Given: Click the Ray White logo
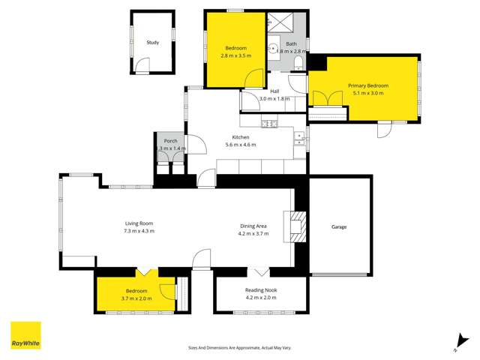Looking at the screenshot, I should point(25,335).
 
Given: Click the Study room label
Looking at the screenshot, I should point(152,43).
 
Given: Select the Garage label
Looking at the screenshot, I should point(339,226).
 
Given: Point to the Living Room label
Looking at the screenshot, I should point(139,223).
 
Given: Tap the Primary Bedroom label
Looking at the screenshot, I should point(365,85).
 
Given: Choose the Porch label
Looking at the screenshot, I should point(170,141).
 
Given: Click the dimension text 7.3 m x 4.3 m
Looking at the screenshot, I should point(139,231).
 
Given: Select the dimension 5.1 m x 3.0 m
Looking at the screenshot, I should point(365,94).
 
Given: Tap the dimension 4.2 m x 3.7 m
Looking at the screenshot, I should point(253,234).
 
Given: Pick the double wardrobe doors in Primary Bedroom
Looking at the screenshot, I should point(323,99).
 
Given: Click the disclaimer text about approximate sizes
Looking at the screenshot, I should point(239,347).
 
